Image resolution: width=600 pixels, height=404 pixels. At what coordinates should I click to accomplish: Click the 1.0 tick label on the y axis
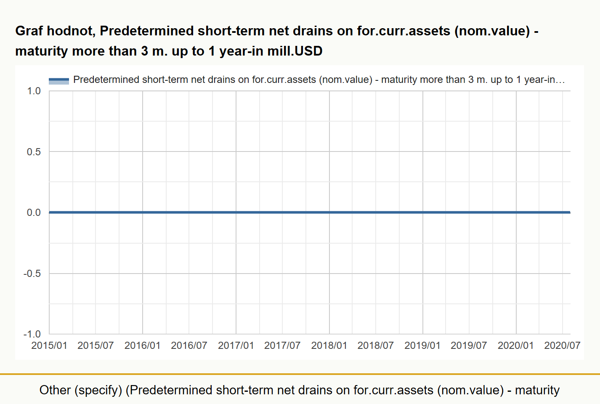[34, 91]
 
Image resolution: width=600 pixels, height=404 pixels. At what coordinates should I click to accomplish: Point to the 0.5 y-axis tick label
[34, 152]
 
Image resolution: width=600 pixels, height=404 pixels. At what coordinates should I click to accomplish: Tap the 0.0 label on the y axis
[34, 213]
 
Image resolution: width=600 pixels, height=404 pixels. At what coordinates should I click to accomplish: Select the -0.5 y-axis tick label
[32, 274]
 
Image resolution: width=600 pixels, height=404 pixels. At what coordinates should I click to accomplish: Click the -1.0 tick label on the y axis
[32, 334]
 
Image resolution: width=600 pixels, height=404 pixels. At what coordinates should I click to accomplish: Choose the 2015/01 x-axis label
[49, 346]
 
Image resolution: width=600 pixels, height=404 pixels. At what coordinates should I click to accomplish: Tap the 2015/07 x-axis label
[96, 346]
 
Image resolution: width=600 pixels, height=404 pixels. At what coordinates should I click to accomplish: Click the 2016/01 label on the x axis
[143, 346]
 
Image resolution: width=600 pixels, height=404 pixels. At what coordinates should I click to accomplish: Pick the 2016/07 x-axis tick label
[189, 346]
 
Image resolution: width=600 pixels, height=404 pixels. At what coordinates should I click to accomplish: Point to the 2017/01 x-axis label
[236, 346]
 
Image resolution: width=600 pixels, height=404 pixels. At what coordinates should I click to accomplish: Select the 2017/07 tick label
[282, 346]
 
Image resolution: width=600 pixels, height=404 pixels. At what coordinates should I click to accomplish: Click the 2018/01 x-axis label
[329, 346]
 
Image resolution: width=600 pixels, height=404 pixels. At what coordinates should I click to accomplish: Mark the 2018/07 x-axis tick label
[376, 346]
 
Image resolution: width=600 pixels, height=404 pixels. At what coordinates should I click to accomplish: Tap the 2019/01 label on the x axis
[422, 346]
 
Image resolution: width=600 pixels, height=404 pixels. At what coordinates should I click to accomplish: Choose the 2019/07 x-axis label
[469, 346]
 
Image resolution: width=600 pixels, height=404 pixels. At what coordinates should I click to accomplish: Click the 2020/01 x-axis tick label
[515, 346]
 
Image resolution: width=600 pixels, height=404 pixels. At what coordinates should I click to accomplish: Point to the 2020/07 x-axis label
[562, 346]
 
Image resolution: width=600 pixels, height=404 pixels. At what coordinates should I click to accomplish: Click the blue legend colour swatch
[59, 81]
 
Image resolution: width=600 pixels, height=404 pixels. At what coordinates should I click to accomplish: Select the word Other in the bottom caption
[55, 390]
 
